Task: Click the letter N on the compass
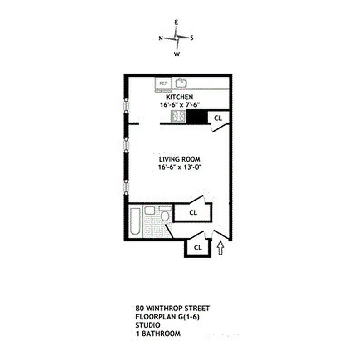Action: click(x=161, y=39)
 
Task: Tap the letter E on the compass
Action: click(x=177, y=21)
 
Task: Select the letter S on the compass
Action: click(x=192, y=38)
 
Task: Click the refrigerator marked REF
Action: click(x=163, y=83)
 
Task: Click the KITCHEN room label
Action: click(x=180, y=97)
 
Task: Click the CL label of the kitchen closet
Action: click(x=218, y=118)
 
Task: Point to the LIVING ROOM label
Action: click(x=180, y=159)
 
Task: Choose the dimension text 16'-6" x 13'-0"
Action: click(x=180, y=167)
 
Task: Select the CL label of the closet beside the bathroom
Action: click(x=193, y=212)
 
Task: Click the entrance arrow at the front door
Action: click(x=221, y=248)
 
